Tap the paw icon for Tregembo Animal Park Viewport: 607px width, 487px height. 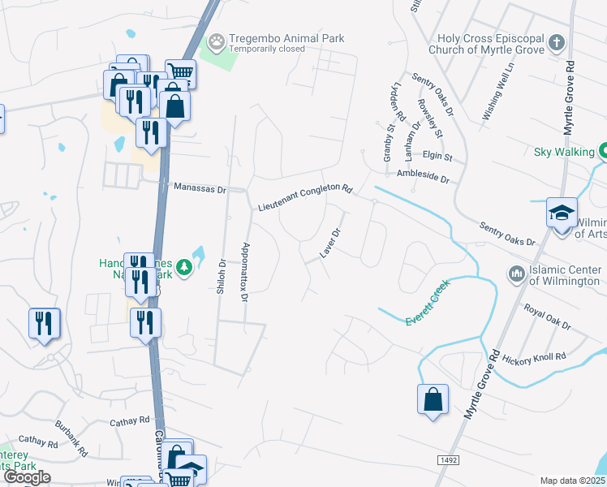(216, 40)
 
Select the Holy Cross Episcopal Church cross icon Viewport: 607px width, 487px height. (556, 41)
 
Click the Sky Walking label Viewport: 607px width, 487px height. (564, 151)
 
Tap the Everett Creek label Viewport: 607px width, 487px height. (427, 311)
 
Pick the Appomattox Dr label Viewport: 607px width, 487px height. (243, 272)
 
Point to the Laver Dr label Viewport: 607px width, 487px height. (329, 243)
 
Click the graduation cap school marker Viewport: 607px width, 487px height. (562, 213)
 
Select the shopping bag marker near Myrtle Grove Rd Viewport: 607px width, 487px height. (433, 399)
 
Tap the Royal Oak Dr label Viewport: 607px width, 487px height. (548, 315)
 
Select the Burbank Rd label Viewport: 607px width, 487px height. (69, 426)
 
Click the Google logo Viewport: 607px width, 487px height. (27, 477)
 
